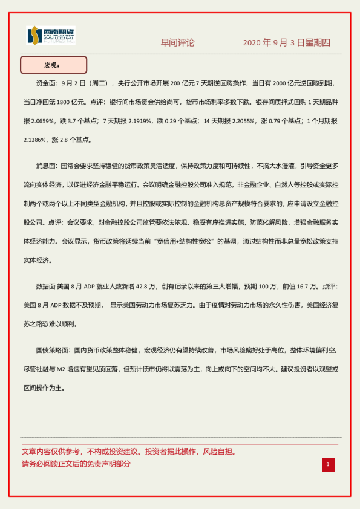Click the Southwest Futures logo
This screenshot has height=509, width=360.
51,36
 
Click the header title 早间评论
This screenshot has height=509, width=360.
177,42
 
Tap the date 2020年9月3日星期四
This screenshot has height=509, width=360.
286,42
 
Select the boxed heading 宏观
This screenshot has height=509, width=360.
53,65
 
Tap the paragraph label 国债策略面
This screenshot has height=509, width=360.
51,350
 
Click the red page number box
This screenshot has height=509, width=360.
327,464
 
